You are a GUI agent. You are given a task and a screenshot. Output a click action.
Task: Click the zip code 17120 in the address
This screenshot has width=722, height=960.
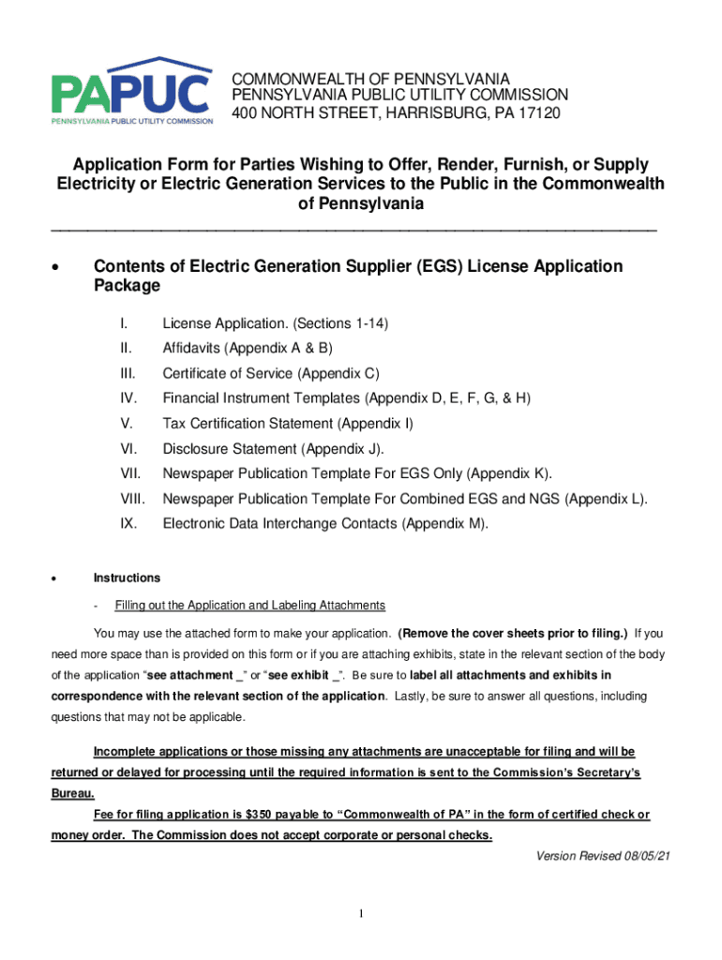[539, 113]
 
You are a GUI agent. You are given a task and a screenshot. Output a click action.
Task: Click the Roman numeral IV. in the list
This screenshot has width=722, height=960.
[129, 398]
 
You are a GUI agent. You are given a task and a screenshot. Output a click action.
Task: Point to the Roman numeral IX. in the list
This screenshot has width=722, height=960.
[129, 524]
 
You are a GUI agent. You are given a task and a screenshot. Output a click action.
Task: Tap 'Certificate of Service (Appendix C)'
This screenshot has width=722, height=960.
[271, 374]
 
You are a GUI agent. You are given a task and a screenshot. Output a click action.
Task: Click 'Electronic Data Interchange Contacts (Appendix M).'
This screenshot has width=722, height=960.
[325, 524]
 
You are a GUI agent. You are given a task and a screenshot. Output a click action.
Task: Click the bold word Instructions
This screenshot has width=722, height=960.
[127, 577]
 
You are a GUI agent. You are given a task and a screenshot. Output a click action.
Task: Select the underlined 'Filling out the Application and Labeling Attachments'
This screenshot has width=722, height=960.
[249, 605]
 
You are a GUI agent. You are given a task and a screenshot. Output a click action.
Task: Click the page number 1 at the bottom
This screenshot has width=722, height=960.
[360, 914]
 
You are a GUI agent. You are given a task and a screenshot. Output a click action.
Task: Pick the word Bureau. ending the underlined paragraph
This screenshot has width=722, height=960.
[72, 792]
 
